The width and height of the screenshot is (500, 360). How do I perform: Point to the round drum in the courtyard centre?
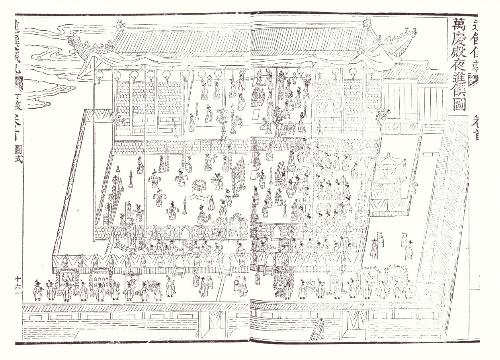coord(198,186)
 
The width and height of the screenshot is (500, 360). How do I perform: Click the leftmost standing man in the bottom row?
coord(38,291)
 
